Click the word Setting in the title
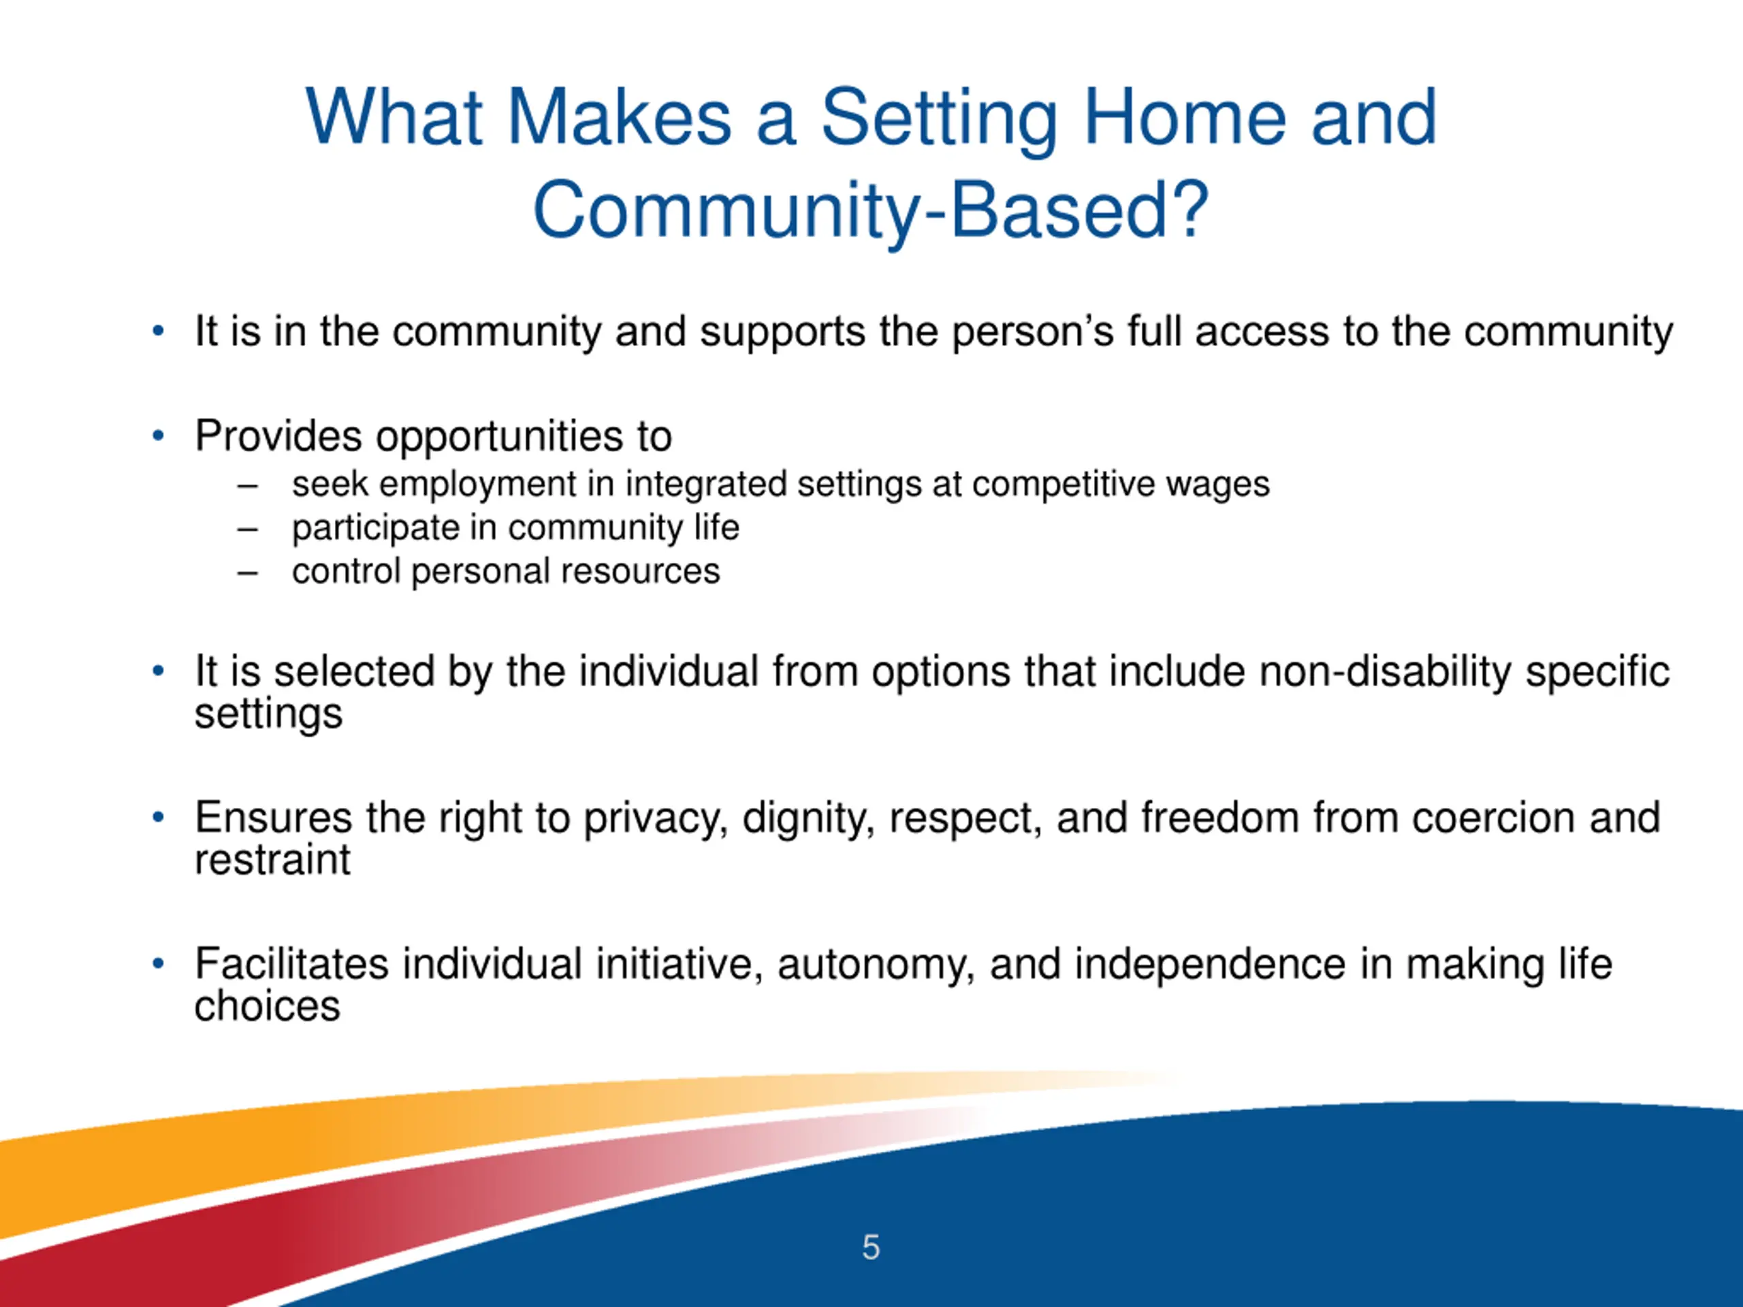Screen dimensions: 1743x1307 [940, 120]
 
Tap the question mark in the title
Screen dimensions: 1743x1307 [1188, 208]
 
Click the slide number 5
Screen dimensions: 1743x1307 [871, 1247]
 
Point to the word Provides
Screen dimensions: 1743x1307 [279, 436]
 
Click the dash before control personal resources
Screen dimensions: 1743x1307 [247, 572]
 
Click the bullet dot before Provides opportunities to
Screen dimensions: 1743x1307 [159, 435]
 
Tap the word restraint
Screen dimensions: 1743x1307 [272, 860]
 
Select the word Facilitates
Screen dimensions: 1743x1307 [292, 965]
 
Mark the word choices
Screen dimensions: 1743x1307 [268, 1006]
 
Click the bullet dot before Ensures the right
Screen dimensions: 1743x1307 [159, 817]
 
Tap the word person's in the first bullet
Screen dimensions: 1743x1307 [1033, 332]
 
